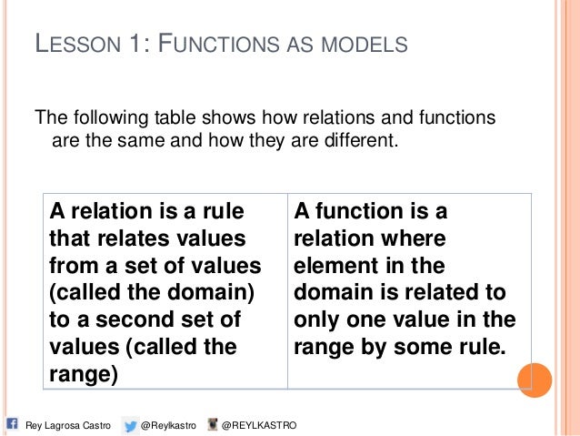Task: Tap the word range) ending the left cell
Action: click(x=82, y=374)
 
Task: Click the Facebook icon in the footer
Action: click(x=11, y=424)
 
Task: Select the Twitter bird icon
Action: click(x=132, y=424)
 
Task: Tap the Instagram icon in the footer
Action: click(x=213, y=424)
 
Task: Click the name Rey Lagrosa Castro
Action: click(x=67, y=425)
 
